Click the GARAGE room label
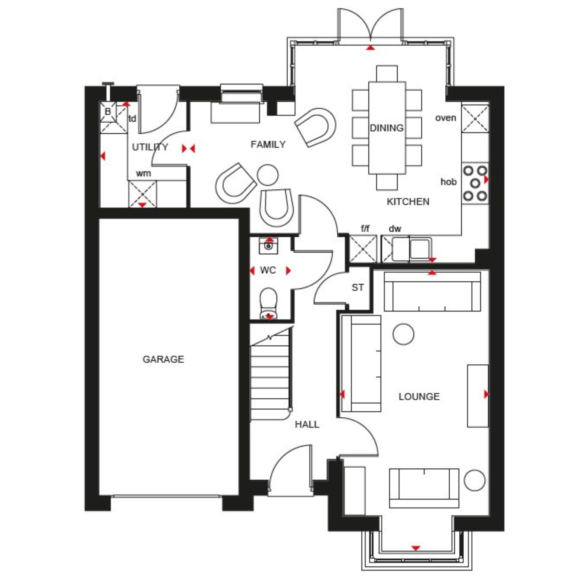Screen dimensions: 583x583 (163, 359)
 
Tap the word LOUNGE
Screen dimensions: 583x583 (419, 396)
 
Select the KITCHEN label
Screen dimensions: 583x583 (408, 201)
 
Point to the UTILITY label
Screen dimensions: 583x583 (150, 147)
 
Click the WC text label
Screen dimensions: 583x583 (268, 270)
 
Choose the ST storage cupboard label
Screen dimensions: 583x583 (358, 288)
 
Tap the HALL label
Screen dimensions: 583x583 (307, 424)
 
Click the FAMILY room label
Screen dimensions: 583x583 (268, 145)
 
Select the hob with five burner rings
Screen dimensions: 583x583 (475, 183)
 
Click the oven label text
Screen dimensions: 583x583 (445, 118)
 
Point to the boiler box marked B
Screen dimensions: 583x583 (108, 112)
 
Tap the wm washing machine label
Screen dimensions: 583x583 (143, 173)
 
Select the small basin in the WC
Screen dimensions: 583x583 (269, 246)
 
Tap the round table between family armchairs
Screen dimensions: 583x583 (268, 175)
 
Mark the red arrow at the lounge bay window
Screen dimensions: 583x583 (416, 548)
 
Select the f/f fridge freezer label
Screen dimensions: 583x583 (365, 229)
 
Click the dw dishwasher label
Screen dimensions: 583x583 (394, 229)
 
